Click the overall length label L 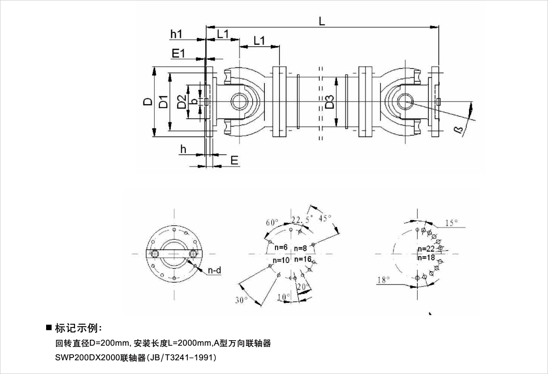pyautogui.click(x=322, y=21)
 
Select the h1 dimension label pyautogui.click(x=176, y=34)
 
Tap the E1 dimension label pyautogui.click(x=178, y=53)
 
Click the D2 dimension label pyautogui.click(x=181, y=101)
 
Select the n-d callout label pyautogui.click(x=214, y=271)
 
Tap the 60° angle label pyautogui.click(x=272, y=222)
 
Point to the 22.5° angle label pyautogui.click(x=302, y=220)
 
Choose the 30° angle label pyautogui.click(x=241, y=300)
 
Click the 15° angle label pyautogui.click(x=451, y=223)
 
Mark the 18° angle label pyautogui.click(x=383, y=280)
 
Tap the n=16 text pyautogui.click(x=303, y=259)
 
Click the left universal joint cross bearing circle pyautogui.click(x=239, y=101)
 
